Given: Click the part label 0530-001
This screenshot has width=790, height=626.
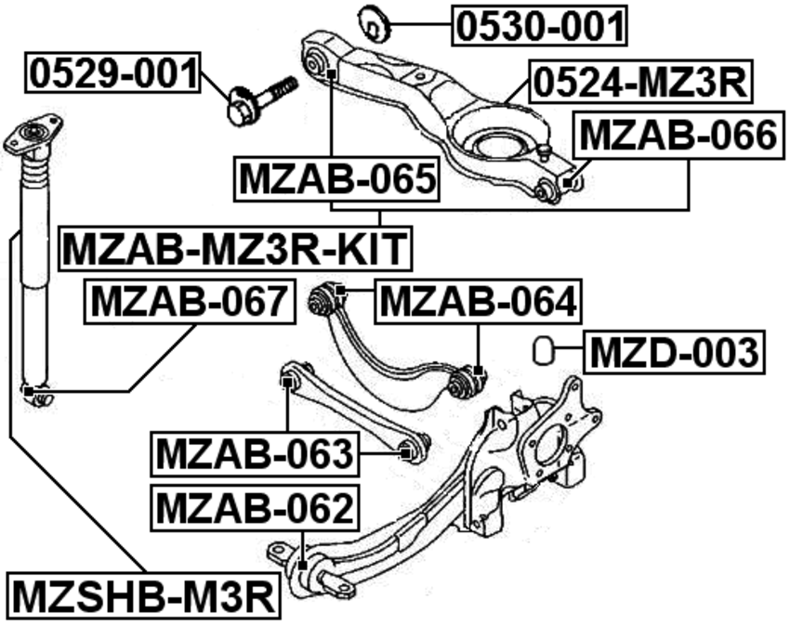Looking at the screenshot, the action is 539,25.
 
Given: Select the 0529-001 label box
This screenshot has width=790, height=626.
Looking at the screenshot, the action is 112,72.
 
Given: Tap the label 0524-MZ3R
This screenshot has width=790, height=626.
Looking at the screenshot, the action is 639,82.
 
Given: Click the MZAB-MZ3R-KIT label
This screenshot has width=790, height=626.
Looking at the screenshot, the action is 235,249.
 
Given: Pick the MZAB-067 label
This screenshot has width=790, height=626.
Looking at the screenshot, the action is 190,302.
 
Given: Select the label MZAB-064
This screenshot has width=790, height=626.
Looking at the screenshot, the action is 478,302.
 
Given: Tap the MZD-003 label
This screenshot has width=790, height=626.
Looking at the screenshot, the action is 674,352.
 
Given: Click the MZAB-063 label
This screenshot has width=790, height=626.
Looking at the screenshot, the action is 255,454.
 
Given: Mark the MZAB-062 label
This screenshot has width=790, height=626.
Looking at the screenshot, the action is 255,508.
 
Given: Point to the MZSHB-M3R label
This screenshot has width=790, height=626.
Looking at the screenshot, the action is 143,597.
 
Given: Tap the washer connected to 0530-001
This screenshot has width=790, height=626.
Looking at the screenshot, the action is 375,23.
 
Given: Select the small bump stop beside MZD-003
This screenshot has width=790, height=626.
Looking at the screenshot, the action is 543,349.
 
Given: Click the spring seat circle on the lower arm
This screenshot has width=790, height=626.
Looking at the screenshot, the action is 497,147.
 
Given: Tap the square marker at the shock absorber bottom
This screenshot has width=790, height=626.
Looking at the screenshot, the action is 29,391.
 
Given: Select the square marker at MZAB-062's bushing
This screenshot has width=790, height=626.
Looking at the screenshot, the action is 302,566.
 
